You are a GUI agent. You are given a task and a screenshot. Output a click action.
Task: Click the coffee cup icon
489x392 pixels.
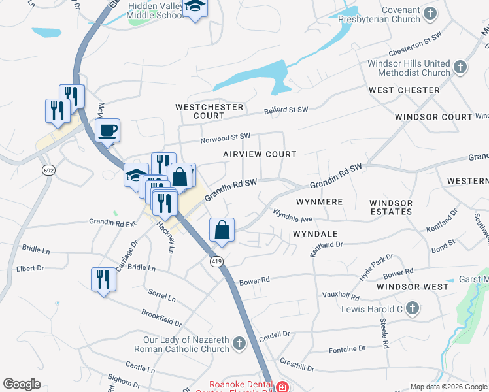[x=108, y=129]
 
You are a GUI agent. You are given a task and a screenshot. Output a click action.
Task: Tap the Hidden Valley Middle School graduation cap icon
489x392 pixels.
[x=195, y=8]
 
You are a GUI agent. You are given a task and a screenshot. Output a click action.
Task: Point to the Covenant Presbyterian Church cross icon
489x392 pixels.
[x=430, y=12]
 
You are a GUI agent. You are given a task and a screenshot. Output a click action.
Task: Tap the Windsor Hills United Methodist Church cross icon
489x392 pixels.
[x=460, y=67]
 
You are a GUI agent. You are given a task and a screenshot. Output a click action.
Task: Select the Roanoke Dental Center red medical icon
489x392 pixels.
[x=282, y=387]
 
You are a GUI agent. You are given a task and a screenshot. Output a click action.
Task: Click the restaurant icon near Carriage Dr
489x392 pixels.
[x=103, y=279]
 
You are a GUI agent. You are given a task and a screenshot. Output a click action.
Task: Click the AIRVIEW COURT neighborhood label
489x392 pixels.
[x=259, y=154]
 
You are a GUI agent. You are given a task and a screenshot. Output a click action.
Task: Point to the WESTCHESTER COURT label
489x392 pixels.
[x=209, y=111]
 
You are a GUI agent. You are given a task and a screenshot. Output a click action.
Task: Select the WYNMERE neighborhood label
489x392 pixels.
[x=319, y=202]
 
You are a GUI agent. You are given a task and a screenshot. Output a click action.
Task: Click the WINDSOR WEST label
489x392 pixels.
[x=413, y=287]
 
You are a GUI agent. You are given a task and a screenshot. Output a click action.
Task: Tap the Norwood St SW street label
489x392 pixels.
[x=226, y=138]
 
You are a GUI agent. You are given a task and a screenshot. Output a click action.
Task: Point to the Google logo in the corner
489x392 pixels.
[x=22, y=384]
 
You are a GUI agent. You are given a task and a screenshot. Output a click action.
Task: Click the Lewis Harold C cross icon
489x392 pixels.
[x=412, y=307]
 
